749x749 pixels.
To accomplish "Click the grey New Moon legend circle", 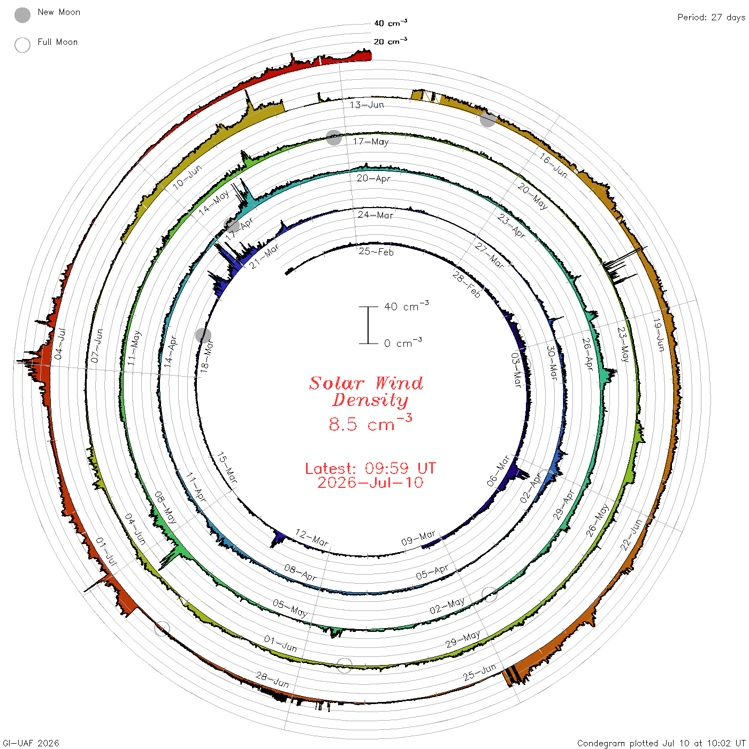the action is click(x=22, y=15).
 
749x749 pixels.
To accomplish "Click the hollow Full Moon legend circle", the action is click(x=22, y=45).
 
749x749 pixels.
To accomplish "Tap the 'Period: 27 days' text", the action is click(x=711, y=18).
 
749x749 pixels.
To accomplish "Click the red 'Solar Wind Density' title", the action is click(x=366, y=392).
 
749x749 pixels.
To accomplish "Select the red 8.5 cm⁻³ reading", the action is click(x=370, y=423).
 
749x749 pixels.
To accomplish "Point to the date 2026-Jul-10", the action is click(x=370, y=483).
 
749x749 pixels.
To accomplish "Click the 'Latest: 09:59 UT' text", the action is click(x=370, y=468).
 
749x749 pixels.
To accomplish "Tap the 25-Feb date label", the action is click(x=376, y=251).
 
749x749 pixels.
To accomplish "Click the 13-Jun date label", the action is click(x=366, y=104).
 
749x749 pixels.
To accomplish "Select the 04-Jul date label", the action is click(x=60, y=343).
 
